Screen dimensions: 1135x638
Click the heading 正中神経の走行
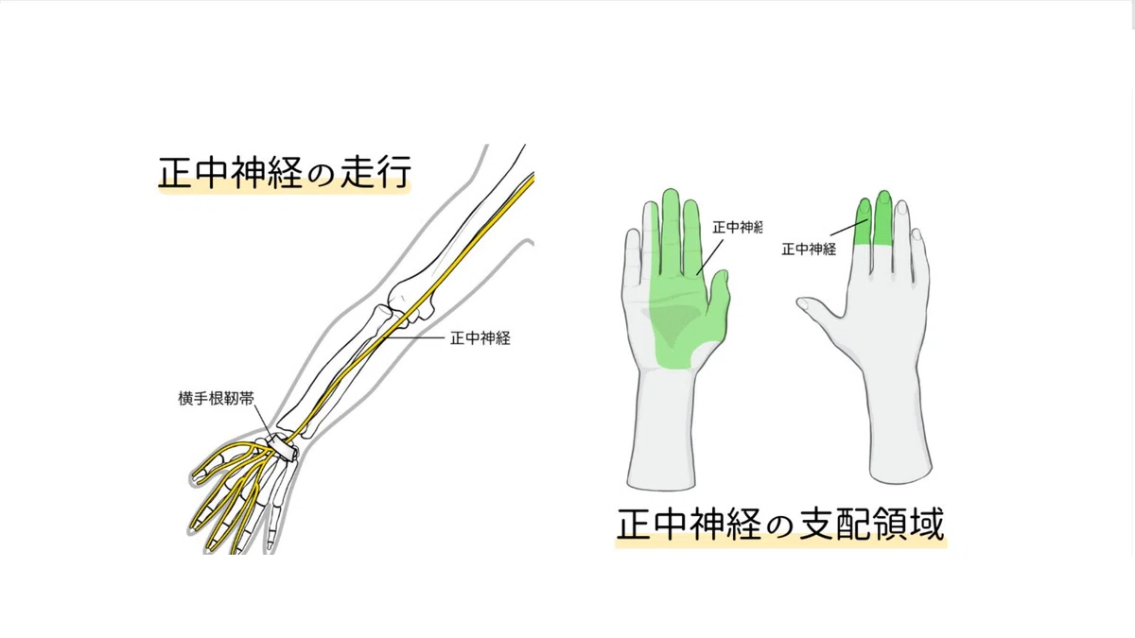pyautogui.click(x=285, y=172)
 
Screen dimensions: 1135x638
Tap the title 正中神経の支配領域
pyautogui.click(x=780, y=524)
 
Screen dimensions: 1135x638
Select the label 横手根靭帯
pyautogui.click(x=216, y=399)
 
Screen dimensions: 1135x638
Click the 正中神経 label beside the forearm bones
pyautogui.click(x=480, y=338)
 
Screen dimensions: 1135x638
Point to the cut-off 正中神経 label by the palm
pyautogui.click(x=737, y=228)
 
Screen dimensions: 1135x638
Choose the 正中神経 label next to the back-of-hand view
pyautogui.click(x=809, y=250)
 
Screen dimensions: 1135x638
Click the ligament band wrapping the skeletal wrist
pyautogui.click(x=282, y=446)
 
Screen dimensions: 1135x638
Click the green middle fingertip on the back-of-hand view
pyautogui.click(x=883, y=216)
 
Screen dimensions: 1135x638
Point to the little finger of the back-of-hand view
pyautogui.click(x=918, y=253)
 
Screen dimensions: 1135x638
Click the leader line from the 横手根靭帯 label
pyautogui.click(x=263, y=422)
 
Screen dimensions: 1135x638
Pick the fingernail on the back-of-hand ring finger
pyautogui.click(x=901, y=209)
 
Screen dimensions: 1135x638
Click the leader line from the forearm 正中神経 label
pyautogui.click(x=414, y=337)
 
